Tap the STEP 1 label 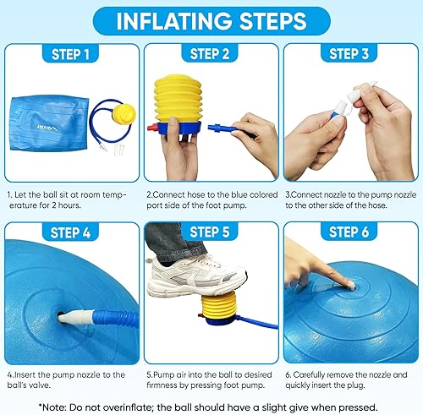click(x=69, y=54)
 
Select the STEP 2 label click(x=211, y=54)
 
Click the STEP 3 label click(x=352, y=54)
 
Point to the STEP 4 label click(x=69, y=231)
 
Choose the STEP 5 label click(x=211, y=231)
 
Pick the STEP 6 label click(x=352, y=231)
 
